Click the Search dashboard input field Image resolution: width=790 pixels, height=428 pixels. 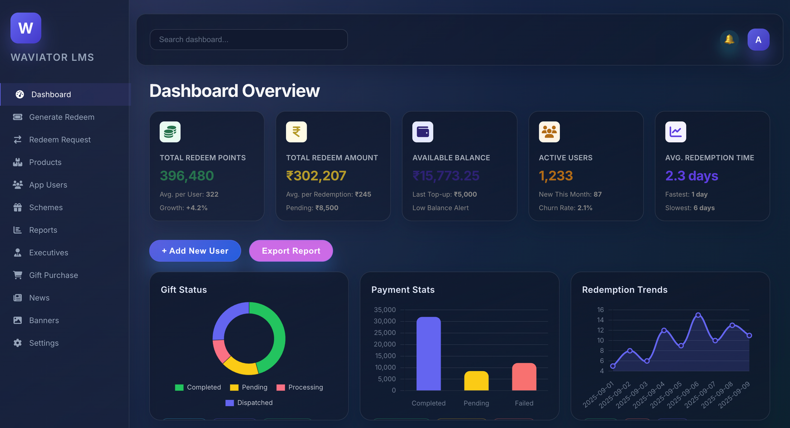pos(248,40)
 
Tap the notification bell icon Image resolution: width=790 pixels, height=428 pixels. pos(729,40)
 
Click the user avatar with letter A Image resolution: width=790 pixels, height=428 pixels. pos(758,40)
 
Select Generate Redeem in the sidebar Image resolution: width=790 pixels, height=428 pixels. pos(61,117)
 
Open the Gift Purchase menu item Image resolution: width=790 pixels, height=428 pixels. pos(53,275)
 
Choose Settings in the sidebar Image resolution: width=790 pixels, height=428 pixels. pos(43,343)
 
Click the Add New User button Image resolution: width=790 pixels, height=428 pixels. pos(195,251)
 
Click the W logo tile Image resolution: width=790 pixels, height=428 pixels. pos(26,28)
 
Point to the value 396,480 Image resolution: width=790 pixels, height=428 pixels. pos(187,176)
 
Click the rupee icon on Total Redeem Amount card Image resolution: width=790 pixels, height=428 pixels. pos(296,132)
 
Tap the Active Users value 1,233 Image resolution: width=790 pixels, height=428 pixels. pos(555,176)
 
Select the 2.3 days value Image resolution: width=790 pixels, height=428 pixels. pos(691,176)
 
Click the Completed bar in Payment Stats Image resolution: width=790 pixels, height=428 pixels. pos(429,353)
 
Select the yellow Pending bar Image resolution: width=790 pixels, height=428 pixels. pos(476,381)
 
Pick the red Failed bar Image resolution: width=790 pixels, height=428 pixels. pos(524,377)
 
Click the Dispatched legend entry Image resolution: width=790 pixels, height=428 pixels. pos(249,403)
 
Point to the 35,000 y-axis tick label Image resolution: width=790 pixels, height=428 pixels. pos(385,310)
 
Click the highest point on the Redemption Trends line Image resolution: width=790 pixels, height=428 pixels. pos(698,315)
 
